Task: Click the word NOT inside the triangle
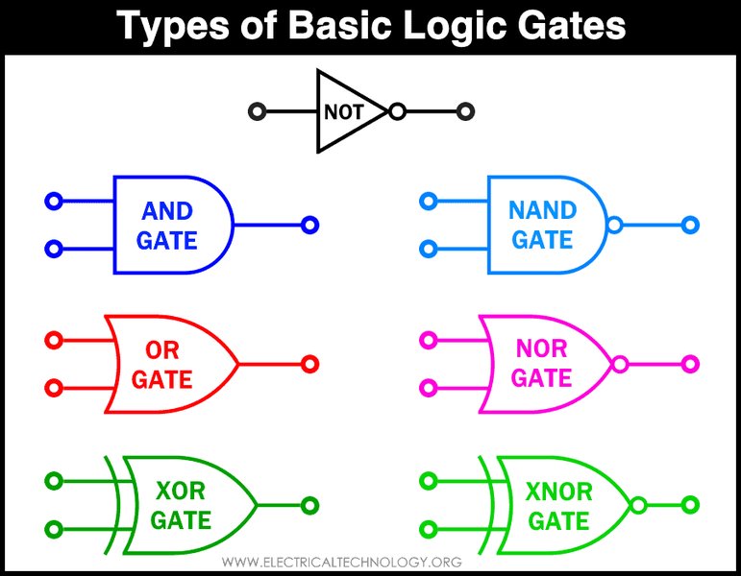(x=343, y=112)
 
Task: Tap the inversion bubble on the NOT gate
(x=398, y=112)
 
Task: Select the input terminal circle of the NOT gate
(x=258, y=112)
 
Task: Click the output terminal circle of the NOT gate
(x=465, y=112)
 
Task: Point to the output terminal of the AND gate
(x=310, y=226)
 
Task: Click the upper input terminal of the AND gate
(x=54, y=202)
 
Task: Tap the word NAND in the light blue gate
(x=542, y=210)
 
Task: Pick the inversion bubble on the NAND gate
(x=614, y=226)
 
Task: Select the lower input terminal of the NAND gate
(x=429, y=249)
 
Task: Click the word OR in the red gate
(x=162, y=350)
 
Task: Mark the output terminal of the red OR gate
(x=310, y=364)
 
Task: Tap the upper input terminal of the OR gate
(x=54, y=341)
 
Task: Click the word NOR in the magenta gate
(x=541, y=348)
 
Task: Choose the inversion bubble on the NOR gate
(x=620, y=365)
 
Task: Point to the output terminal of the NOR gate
(x=690, y=364)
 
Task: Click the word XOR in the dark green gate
(x=181, y=491)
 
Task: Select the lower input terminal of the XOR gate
(x=54, y=529)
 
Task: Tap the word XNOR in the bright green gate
(x=558, y=492)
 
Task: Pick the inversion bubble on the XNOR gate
(x=638, y=505)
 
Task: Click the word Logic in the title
(x=457, y=26)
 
